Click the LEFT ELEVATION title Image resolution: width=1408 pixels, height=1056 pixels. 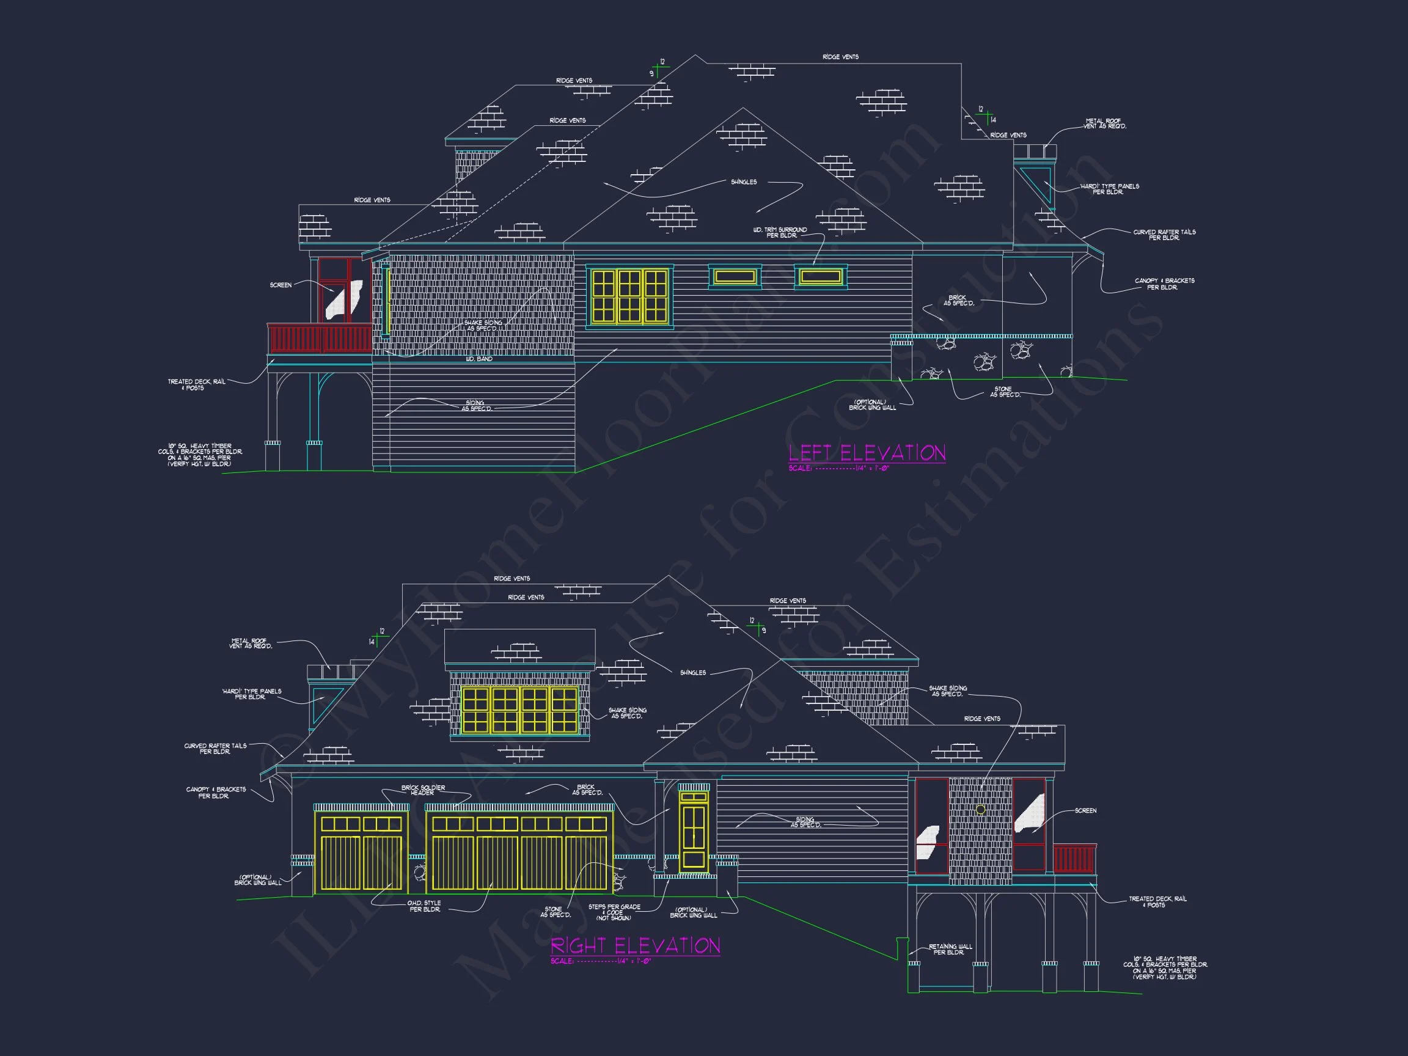pos(867,453)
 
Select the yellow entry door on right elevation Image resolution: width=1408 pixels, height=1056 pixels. pos(693,832)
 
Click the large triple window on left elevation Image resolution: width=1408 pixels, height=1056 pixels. pos(629,296)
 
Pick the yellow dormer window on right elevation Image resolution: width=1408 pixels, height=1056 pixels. pos(519,710)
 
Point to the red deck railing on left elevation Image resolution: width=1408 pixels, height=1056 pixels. pos(320,339)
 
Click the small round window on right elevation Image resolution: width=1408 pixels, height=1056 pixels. pos(980,810)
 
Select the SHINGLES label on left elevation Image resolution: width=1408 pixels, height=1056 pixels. pos(744,182)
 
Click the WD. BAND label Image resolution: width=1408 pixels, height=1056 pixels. pos(479,359)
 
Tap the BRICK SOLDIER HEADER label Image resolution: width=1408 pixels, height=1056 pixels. pos(423,790)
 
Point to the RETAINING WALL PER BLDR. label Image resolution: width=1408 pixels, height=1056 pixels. pos(950,949)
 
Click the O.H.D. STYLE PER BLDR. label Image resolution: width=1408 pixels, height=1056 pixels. pos(424,906)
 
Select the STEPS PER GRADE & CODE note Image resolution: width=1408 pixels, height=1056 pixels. pos(614,912)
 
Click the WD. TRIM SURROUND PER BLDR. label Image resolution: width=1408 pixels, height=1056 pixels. pos(780,232)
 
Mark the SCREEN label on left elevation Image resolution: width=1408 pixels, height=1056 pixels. pos(280,285)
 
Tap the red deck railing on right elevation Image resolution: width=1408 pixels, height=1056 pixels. pos(1074,859)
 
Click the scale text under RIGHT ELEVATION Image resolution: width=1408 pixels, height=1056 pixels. pos(600,961)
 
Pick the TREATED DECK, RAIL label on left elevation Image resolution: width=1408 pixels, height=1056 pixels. pos(196,384)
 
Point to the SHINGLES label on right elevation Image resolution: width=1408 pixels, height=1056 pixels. pos(692,673)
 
